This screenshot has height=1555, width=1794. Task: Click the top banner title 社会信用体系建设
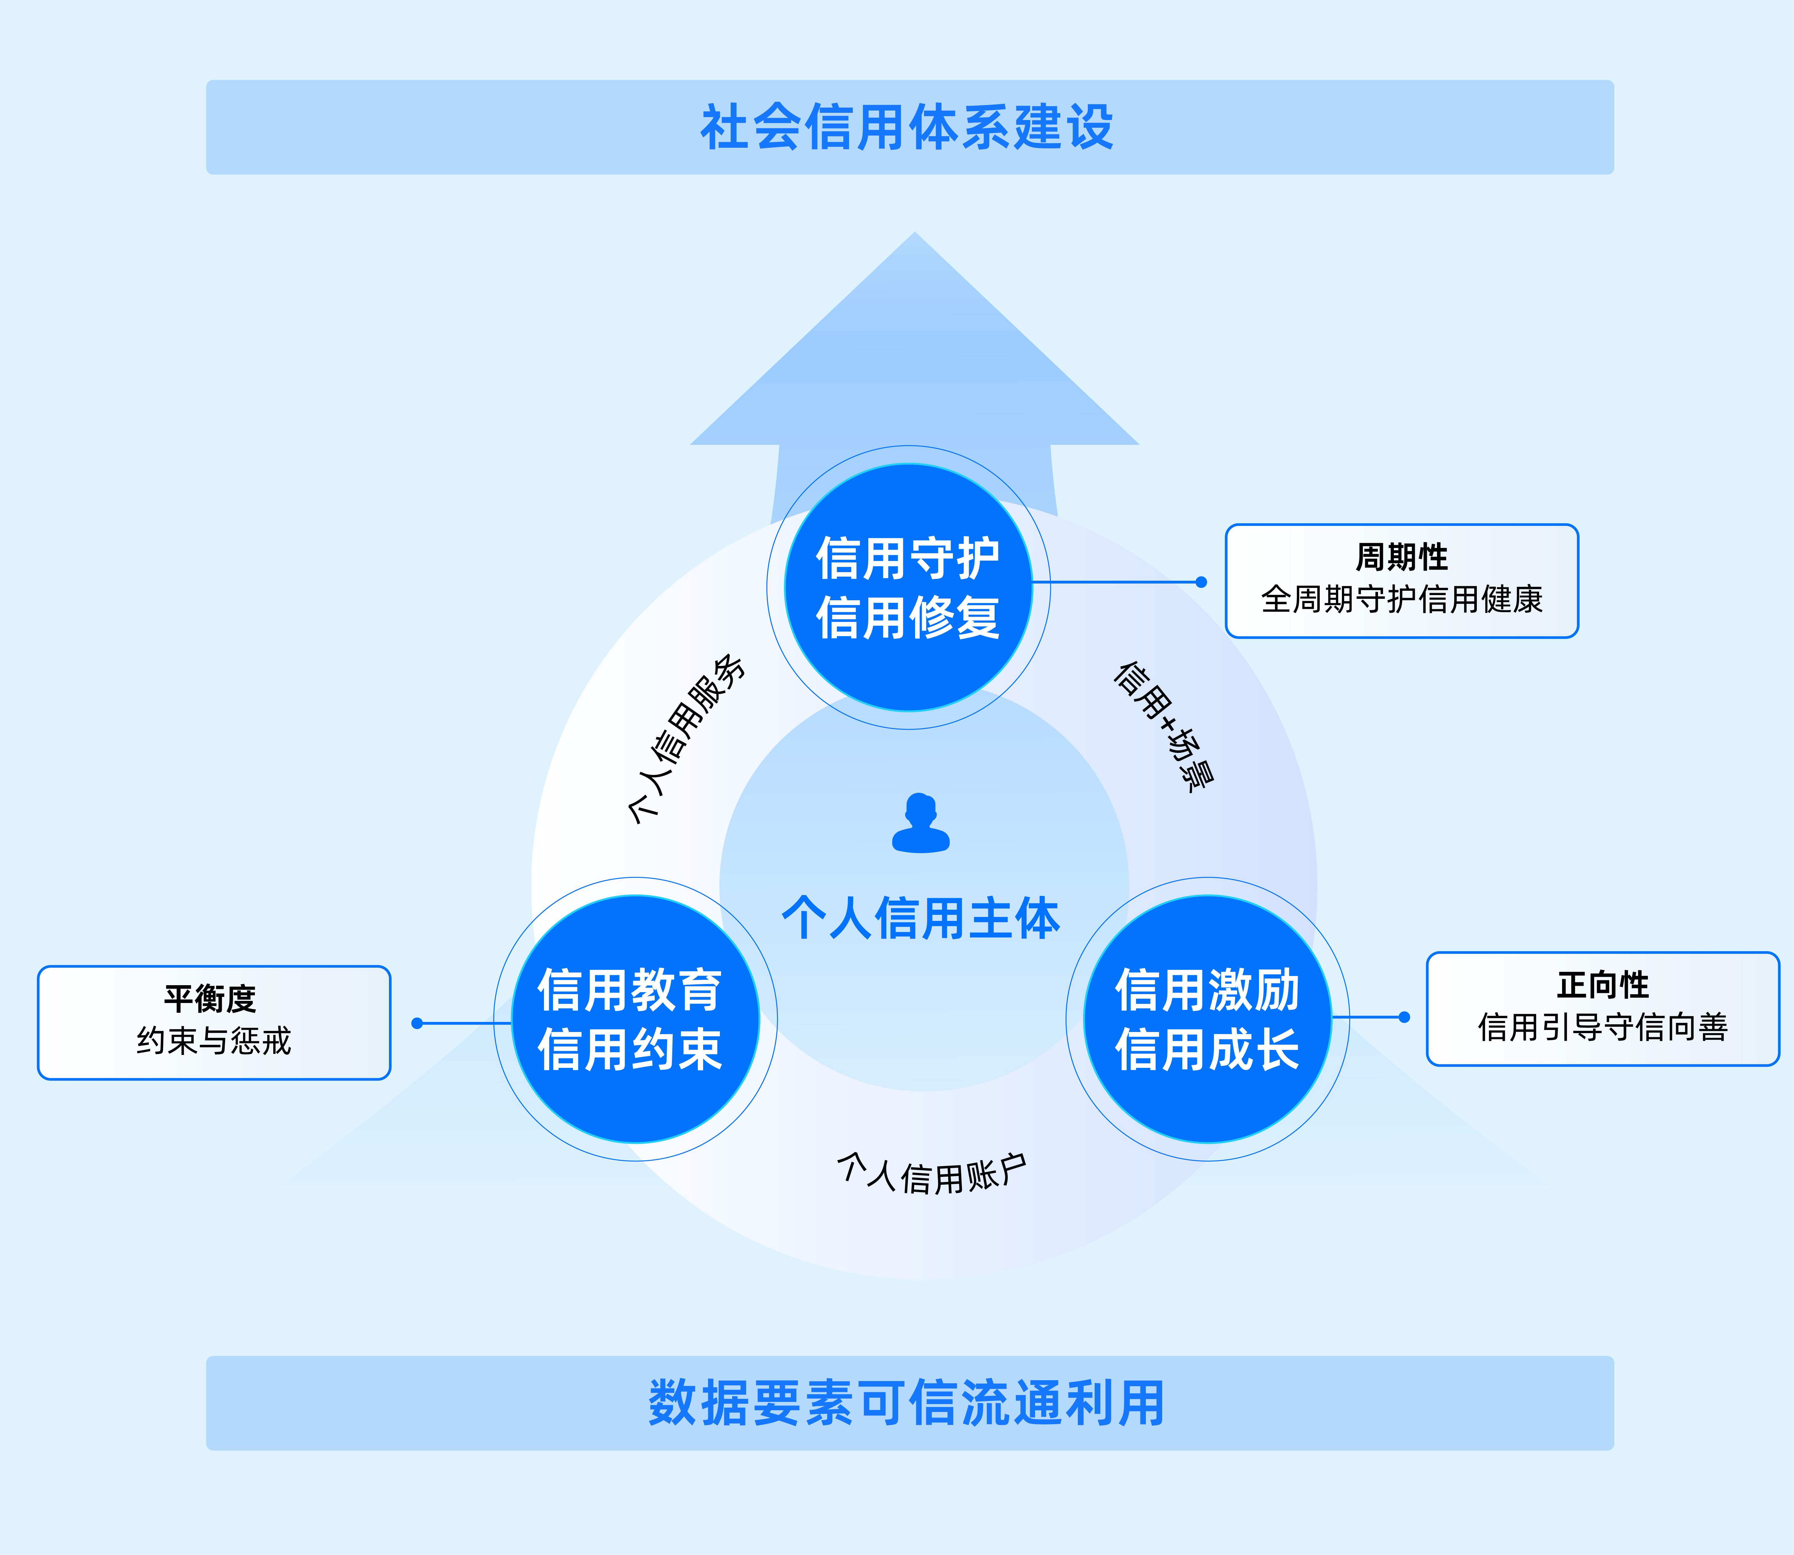(x=907, y=127)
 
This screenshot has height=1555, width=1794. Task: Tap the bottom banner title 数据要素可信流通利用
(x=907, y=1403)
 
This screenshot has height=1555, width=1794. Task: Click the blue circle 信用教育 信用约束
(x=635, y=1020)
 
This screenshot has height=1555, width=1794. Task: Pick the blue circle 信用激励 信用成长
(x=1208, y=1020)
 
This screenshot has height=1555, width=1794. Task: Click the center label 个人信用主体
(x=921, y=918)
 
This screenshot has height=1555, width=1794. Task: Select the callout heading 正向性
(x=1602, y=985)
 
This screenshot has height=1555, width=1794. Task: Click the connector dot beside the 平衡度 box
(x=417, y=1023)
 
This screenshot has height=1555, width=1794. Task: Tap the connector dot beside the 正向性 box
(x=1404, y=1017)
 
